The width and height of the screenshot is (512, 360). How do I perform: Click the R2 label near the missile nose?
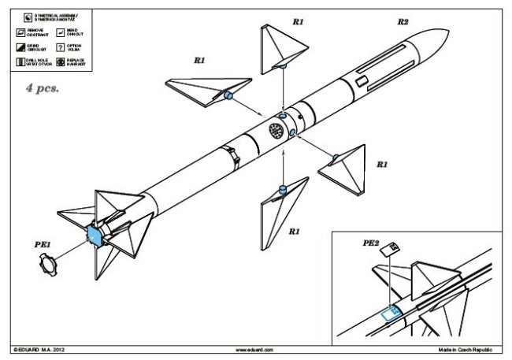[402, 24]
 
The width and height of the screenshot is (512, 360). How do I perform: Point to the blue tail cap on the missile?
[93, 233]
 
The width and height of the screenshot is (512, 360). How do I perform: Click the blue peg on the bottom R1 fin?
[281, 190]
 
